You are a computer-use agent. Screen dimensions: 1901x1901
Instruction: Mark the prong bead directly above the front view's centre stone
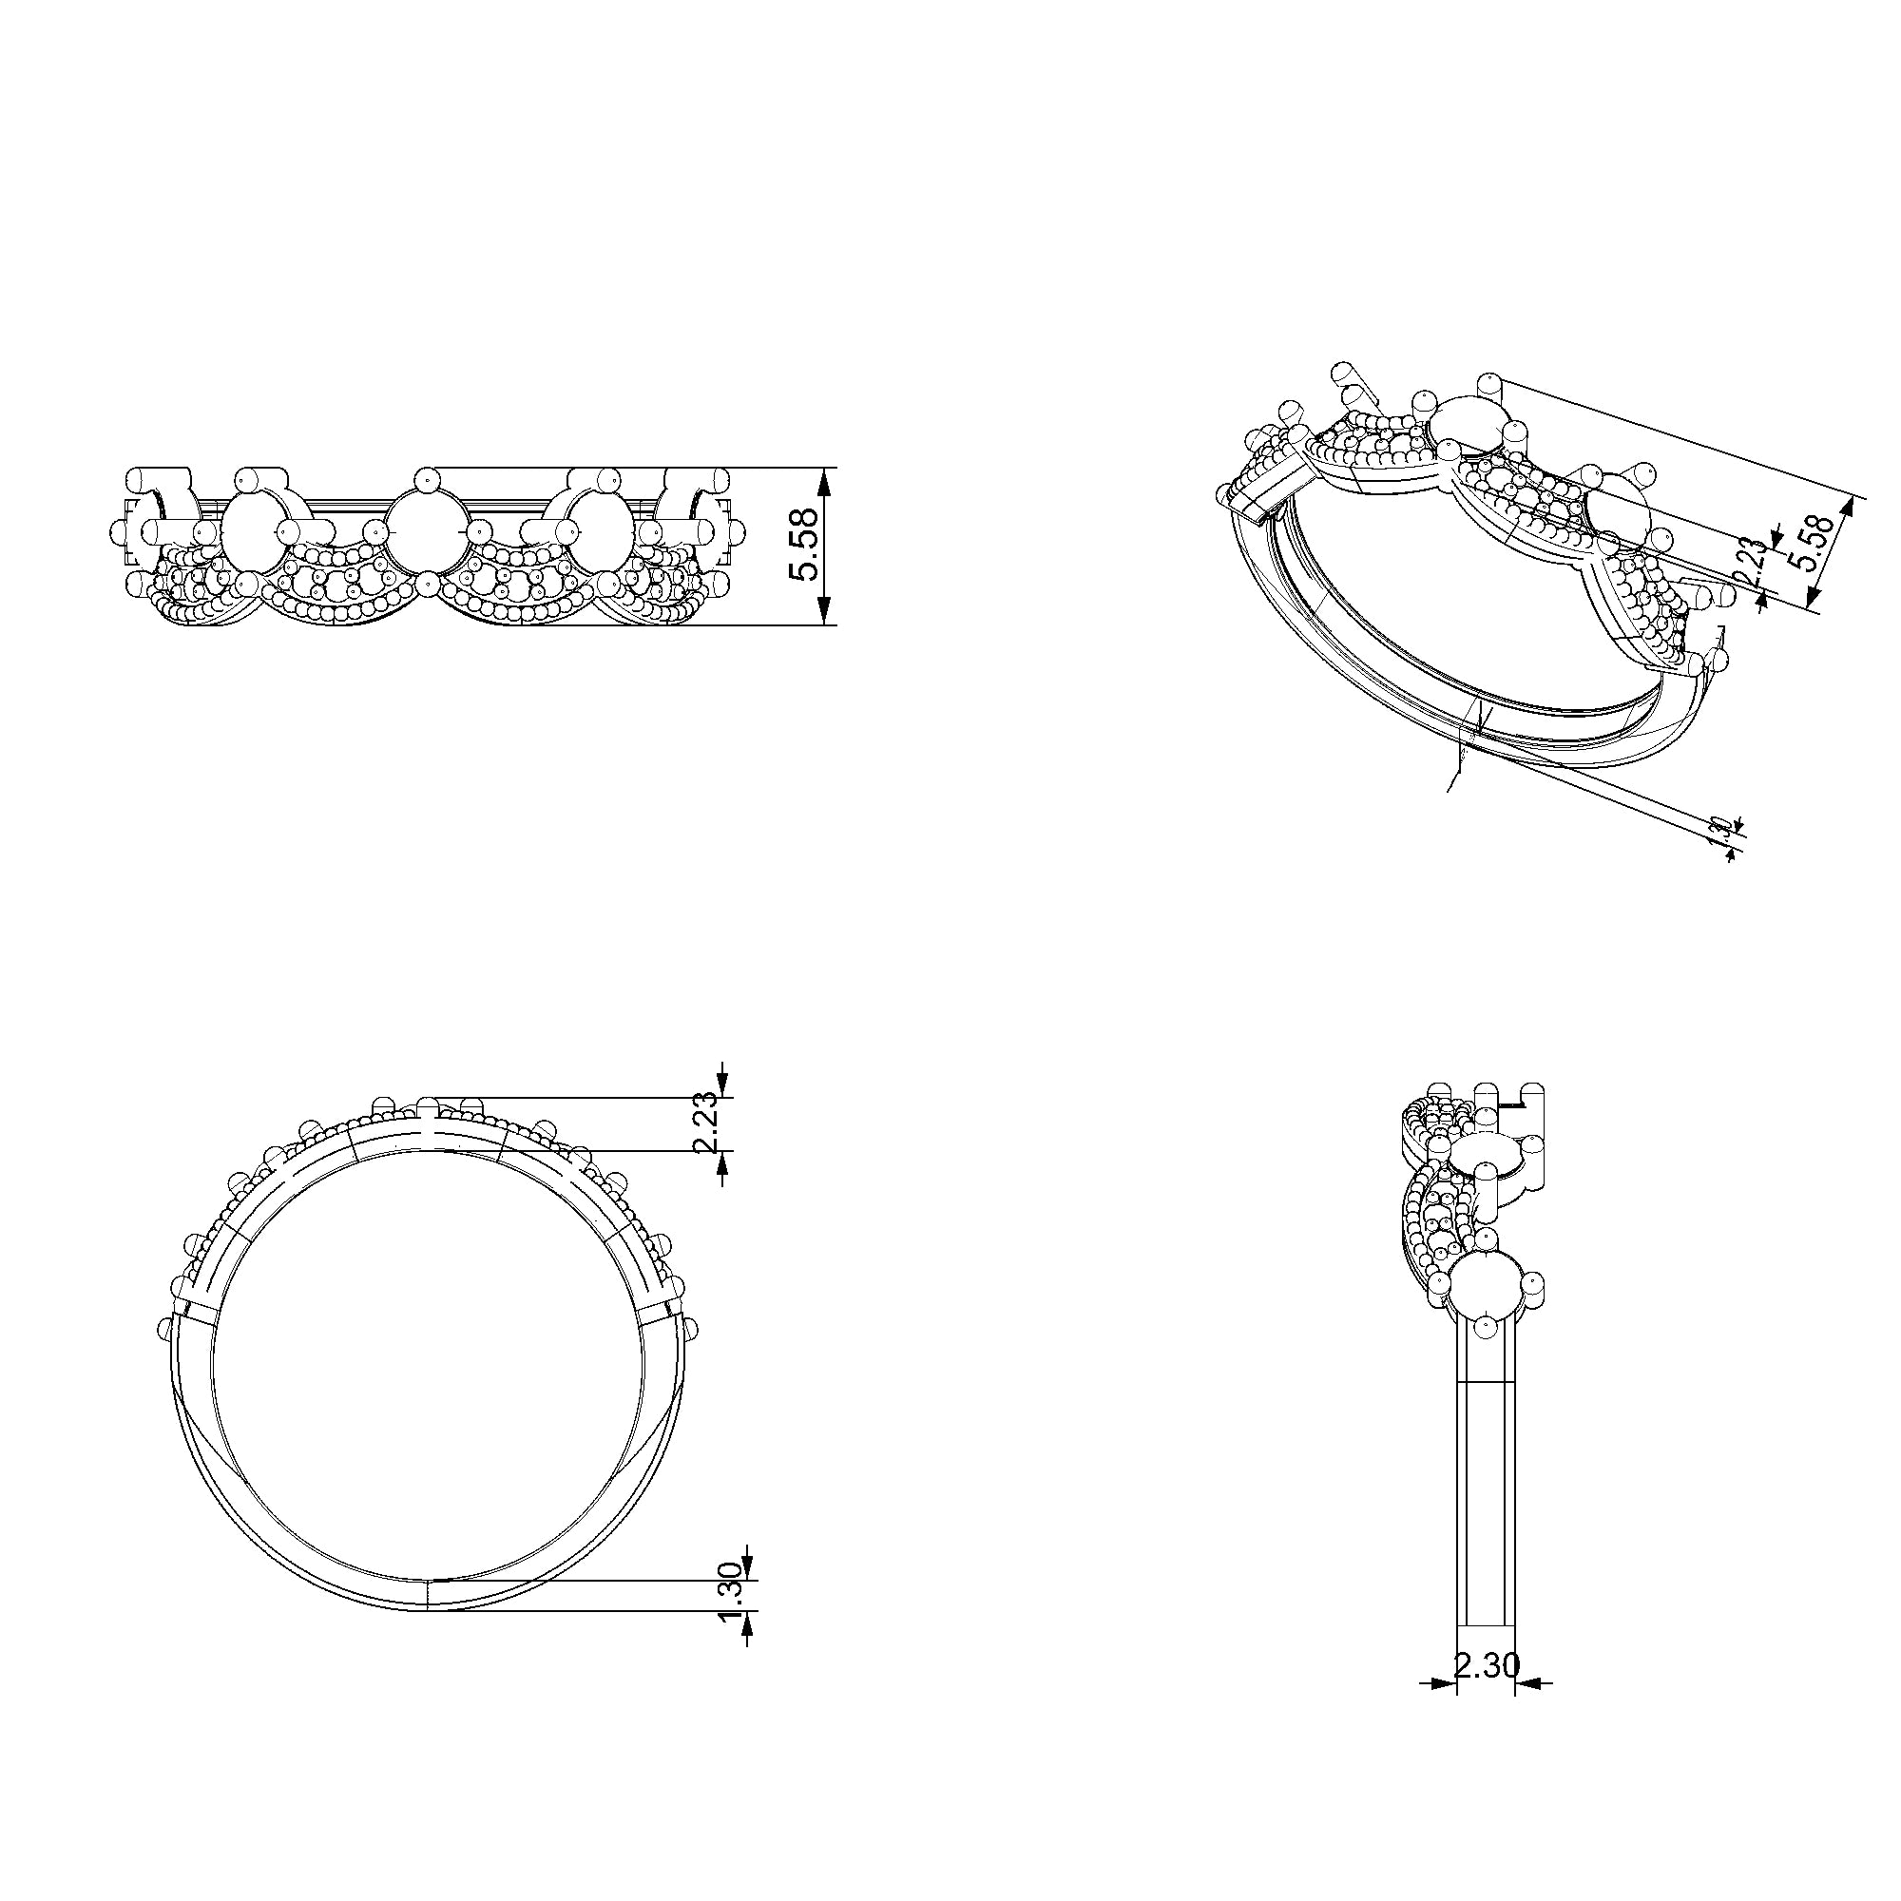coord(426,479)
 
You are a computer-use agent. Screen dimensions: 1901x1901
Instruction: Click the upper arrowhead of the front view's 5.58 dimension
coord(826,480)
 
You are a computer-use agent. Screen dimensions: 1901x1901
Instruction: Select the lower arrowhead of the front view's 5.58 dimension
coord(826,612)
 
